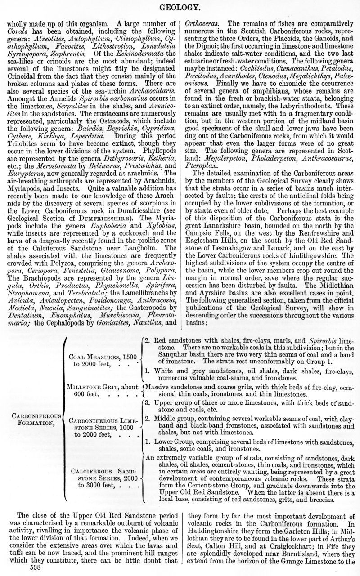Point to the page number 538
36,568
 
